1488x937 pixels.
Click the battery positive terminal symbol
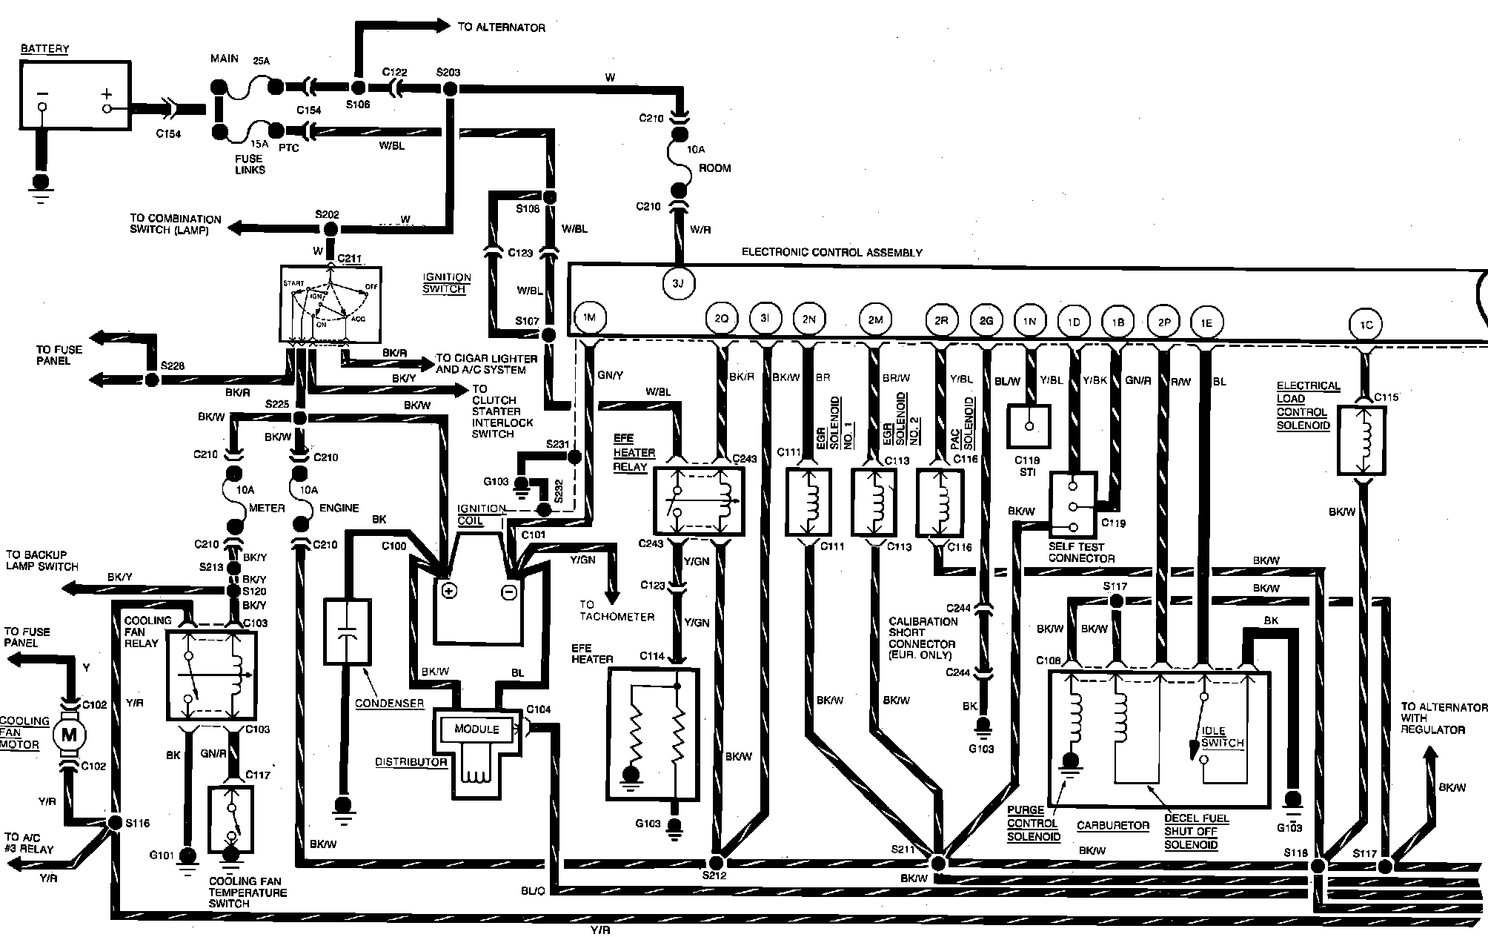click(x=107, y=95)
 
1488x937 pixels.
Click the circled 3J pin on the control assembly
click(x=677, y=284)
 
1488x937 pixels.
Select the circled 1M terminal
click(x=589, y=319)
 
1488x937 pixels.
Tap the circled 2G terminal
click(x=986, y=321)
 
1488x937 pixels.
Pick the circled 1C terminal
click(x=1366, y=325)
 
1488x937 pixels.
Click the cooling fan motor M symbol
click(x=70, y=735)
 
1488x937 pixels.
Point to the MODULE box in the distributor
click(x=476, y=729)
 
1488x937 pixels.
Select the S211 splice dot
click(x=938, y=864)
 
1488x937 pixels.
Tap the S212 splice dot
click(x=717, y=863)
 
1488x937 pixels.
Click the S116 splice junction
click(x=115, y=823)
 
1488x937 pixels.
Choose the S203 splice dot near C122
click(x=449, y=89)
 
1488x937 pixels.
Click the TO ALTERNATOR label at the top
click(x=501, y=27)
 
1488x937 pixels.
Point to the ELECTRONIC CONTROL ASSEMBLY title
click(x=831, y=253)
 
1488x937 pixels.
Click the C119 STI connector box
click(x=1029, y=426)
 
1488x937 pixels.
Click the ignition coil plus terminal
click(x=448, y=591)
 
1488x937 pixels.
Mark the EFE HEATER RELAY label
click(x=634, y=452)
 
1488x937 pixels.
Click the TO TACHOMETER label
click(x=617, y=611)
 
